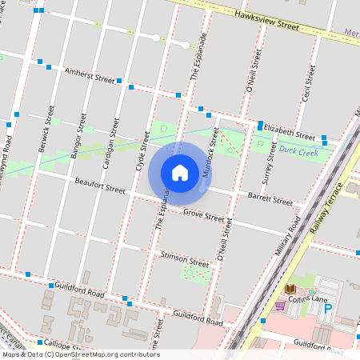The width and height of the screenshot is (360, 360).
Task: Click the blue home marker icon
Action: (x=180, y=172)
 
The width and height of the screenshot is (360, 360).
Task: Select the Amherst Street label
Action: (x=90, y=75)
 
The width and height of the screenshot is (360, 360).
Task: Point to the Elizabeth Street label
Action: (x=290, y=130)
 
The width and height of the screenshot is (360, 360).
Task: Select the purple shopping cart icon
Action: (x=280, y=305)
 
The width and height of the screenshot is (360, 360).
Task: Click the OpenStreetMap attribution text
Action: (x=81, y=354)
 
